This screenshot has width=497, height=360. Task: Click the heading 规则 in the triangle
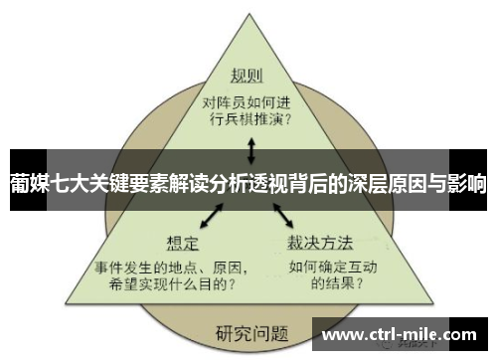click(x=248, y=77)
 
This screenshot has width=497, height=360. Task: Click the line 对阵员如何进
click(x=248, y=100)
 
